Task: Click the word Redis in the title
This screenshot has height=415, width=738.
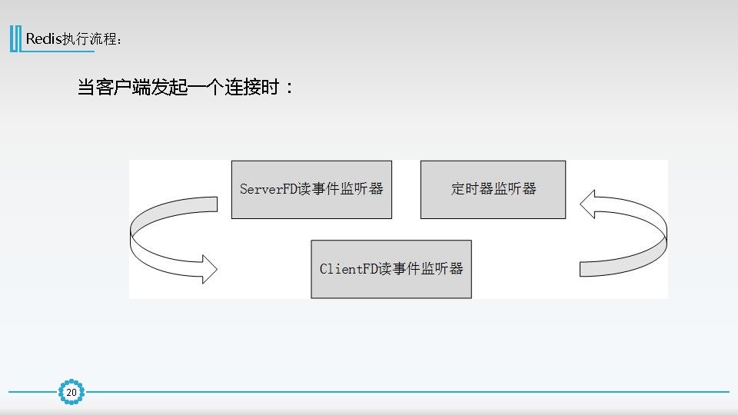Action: (45, 38)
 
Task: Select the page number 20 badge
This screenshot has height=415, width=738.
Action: (71, 393)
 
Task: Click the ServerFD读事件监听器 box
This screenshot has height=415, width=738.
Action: (311, 189)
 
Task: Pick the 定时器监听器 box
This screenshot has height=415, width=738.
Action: (493, 189)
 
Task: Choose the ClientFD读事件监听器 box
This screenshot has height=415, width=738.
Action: (391, 269)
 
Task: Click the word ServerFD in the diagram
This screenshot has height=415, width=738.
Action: (269, 189)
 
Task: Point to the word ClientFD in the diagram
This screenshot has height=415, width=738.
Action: (349, 269)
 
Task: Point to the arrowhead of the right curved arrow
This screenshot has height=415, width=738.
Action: (592, 204)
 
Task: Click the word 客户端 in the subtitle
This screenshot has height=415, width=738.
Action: (126, 87)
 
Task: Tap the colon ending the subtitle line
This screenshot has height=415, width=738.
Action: (289, 88)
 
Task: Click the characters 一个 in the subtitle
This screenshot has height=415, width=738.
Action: (202, 87)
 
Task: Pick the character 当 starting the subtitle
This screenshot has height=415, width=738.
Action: (87, 87)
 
